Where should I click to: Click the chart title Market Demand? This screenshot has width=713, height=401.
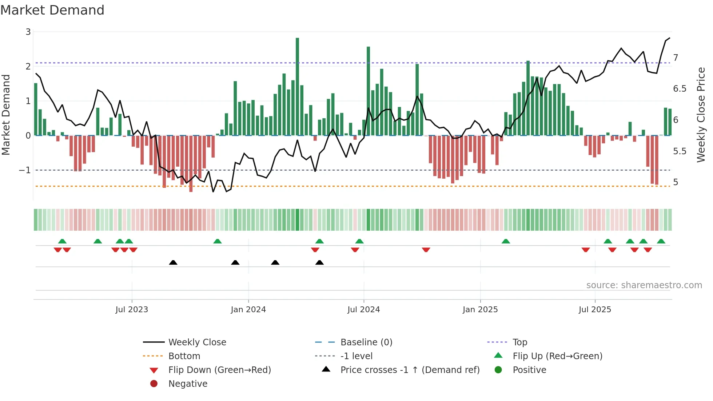point(52,10)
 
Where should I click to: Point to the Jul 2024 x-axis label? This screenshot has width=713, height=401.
point(363,310)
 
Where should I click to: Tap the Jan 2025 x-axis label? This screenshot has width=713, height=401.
point(480,310)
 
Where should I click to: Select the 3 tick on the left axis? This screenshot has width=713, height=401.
point(28,32)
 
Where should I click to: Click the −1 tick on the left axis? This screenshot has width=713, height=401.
point(25,170)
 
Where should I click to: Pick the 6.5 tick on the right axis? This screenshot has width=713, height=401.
point(679,89)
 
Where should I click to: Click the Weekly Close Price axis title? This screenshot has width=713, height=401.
point(701,115)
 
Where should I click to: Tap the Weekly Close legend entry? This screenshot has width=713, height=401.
point(197,342)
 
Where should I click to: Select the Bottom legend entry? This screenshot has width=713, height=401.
point(184,356)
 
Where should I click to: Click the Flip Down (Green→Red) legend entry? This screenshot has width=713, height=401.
point(219,370)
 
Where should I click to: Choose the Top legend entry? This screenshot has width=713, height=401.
point(519,342)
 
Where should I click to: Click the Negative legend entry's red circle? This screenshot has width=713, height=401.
point(154,384)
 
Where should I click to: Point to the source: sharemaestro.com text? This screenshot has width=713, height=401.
point(644,285)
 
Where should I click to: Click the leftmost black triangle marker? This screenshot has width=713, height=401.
point(173,262)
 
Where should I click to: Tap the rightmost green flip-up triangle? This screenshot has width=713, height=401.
point(661,241)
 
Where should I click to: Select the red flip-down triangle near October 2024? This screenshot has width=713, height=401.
point(426,250)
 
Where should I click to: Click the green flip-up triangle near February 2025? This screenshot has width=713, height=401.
point(506,241)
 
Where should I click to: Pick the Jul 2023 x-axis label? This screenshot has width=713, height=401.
point(132,310)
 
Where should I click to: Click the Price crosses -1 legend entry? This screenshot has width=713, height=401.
point(410,370)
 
